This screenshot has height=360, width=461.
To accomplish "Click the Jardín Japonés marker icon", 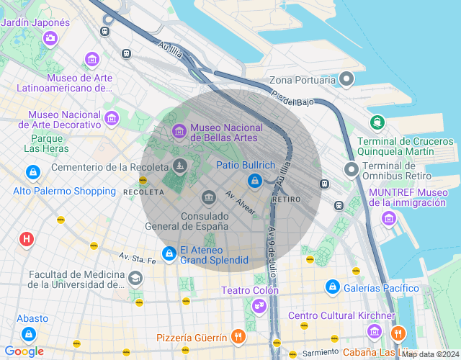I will pyautogui.click(x=50, y=39).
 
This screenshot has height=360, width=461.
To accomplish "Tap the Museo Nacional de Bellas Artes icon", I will pyautogui.click(x=179, y=132).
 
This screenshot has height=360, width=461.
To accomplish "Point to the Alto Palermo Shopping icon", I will pyautogui.click(x=32, y=173).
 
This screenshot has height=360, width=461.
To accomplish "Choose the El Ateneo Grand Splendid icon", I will pyautogui.click(x=169, y=253).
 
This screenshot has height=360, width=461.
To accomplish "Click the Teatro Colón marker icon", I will pyautogui.click(x=259, y=306).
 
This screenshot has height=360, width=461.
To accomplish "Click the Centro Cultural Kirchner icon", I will pyautogui.click(x=374, y=331).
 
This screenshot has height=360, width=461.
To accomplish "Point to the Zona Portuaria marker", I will pyautogui.click(x=346, y=79).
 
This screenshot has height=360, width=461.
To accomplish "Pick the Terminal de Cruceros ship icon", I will pyautogui.click(x=375, y=123).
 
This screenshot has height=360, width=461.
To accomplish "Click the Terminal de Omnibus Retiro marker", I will pyautogui.click(x=352, y=170).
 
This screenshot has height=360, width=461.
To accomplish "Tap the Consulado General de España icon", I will pyautogui.click(x=208, y=197).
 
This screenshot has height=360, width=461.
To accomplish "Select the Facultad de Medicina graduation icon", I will pyautogui.click(x=135, y=278).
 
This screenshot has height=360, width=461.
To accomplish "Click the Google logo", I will pyautogui.click(x=24, y=351).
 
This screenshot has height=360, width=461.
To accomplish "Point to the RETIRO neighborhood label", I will pyautogui.click(x=286, y=199).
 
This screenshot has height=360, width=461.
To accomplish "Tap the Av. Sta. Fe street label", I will pyautogui.click(x=137, y=256).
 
